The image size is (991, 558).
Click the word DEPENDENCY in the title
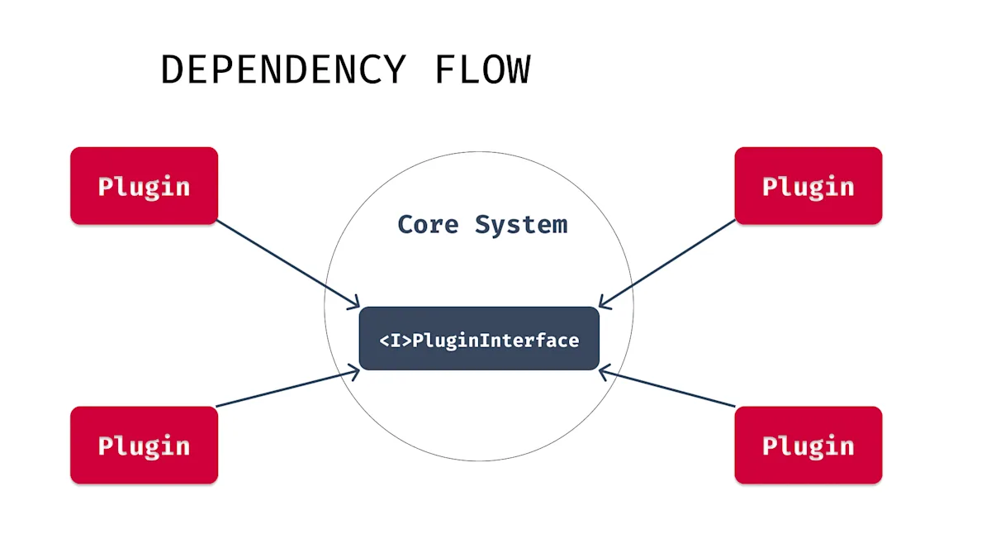283,70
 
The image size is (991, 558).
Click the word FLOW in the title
482,70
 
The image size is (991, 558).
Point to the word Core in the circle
428,224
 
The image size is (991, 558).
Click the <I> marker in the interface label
395,341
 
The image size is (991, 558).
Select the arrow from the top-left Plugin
285,262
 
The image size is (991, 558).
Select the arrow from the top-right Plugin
669,262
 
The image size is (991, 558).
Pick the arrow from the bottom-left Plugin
285,389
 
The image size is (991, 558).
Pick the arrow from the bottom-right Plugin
669,389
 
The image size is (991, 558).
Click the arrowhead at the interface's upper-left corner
354,302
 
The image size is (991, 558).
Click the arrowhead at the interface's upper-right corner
604,302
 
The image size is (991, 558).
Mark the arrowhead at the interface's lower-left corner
354,374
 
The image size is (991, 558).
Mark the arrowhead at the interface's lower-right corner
604,374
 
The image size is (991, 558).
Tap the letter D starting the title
171,70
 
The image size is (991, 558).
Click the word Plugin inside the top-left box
144,187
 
